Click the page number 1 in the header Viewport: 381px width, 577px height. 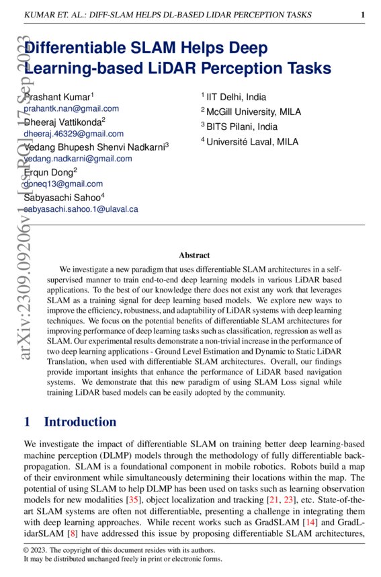coord(363,14)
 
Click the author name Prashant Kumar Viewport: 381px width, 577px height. coord(58,97)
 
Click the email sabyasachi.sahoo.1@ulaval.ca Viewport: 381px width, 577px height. coord(81,209)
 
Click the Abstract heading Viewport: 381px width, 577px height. coord(194,255)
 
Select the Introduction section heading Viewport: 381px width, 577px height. coord(80,422)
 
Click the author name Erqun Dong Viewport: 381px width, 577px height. coord(48,172)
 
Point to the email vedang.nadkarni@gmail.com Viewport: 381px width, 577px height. coord(78,159)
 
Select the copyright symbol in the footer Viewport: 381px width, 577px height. coord(27,550)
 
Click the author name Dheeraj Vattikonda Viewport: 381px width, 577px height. coord(62,122)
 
